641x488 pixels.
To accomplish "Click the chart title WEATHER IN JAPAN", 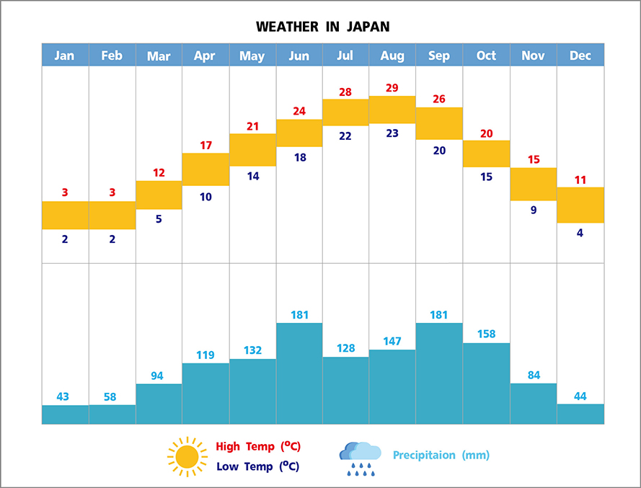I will point(322,27).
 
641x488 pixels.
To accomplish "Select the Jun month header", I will point(299,56).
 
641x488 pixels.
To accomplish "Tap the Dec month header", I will point(580,56).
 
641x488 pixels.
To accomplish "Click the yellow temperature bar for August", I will point(392,110).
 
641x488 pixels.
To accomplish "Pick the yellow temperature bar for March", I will point(159,195).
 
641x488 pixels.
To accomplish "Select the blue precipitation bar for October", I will point(486,383).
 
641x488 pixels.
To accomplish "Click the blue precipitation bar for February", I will point(112,414).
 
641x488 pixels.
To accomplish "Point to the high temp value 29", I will point(392,88).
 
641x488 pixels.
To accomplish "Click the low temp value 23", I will point(392,133).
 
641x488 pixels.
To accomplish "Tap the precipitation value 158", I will point(486,334).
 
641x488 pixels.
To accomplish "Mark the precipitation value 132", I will point(252,350).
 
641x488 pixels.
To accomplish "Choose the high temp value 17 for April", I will point(205,145).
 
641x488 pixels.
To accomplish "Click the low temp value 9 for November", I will point(534,210).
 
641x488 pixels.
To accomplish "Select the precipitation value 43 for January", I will point(65,396).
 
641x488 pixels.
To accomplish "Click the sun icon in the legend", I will point(187,456).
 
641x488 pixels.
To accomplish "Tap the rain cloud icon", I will point(361,458).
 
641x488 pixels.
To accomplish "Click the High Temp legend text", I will point(258,446).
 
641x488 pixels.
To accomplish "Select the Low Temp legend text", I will point(257,466).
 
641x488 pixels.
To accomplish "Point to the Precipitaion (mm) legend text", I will point(441,455).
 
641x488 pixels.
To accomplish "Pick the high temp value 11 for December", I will point(580,179).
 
